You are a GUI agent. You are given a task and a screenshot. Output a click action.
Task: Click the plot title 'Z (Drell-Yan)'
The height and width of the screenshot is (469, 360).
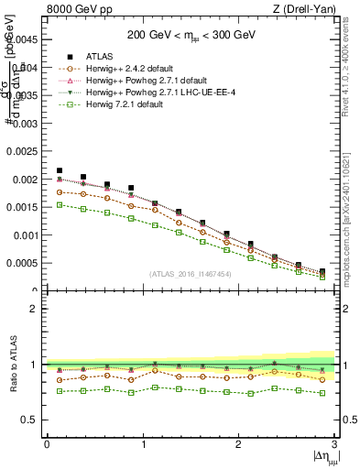click(306, 10)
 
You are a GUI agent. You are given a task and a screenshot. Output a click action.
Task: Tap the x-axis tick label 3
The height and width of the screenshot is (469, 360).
click(334, 443)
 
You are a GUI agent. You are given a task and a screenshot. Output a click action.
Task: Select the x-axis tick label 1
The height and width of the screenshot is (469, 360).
click(143, 443)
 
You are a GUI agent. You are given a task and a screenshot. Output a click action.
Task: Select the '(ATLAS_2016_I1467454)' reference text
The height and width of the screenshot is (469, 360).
click(191, 274)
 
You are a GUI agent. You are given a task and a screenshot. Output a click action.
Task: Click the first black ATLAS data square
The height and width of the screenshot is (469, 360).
click(60, 170)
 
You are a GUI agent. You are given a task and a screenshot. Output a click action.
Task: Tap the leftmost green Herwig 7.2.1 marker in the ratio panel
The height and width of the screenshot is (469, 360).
click(60, 391)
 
